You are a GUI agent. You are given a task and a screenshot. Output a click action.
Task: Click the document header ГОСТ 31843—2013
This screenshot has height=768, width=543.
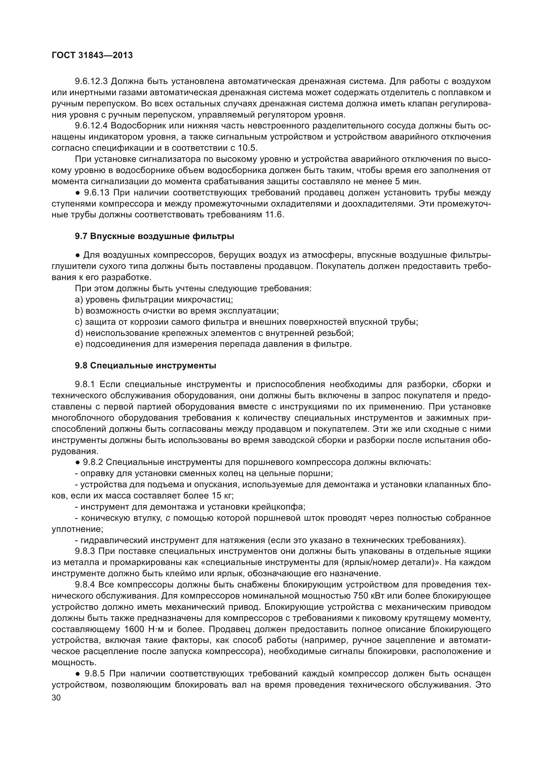point(92,55)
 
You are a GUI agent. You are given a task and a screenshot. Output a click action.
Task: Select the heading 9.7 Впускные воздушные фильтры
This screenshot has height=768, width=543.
point(155,236)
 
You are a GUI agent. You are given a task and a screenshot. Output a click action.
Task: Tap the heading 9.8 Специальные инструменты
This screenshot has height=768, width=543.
point(145,365)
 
